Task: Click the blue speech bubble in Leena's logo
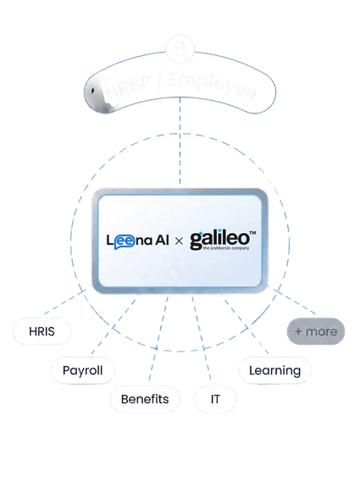tap(130, 241)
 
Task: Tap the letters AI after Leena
tap(158, 241)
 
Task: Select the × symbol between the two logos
tap(178, 241)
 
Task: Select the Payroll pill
tap(82, 370)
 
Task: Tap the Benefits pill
tap(144, 399)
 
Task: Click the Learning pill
tap(274, 370)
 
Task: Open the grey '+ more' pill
tap(315, 331)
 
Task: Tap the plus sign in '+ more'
tap(298, 331)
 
